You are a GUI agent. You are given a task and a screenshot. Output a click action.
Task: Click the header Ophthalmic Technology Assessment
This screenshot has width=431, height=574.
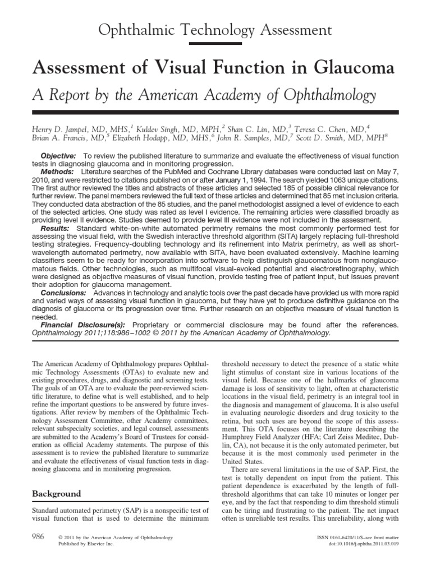pyautogui.click(x=215, y=29)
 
